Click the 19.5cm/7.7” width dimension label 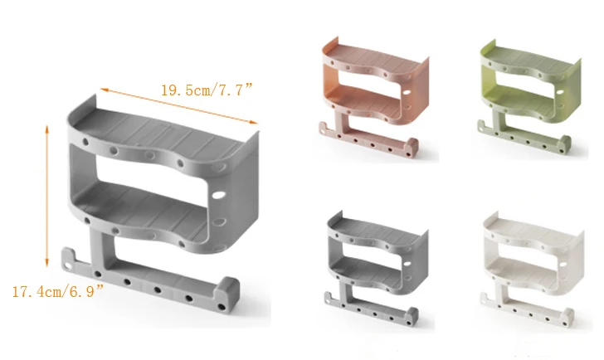click(206, 90)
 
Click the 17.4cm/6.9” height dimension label click(58, 292)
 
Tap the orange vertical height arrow click(47, 196)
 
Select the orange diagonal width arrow click(179, 106)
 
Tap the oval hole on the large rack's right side click(218, 195)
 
